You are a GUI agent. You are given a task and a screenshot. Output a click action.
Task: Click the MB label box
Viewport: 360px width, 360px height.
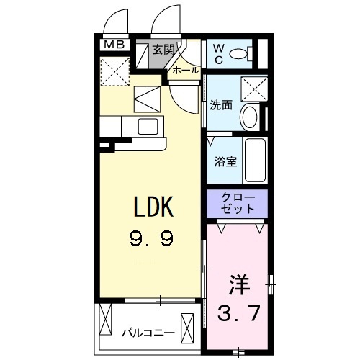click(114, 45)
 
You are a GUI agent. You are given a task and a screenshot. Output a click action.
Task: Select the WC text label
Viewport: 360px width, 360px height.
click(218, 53)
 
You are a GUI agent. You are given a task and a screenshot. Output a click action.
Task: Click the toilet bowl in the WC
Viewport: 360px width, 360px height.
click(245, 53)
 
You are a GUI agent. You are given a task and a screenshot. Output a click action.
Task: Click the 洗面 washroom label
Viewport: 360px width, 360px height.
click(220, 105)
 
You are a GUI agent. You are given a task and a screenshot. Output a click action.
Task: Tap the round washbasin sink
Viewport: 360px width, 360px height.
click(250, 117)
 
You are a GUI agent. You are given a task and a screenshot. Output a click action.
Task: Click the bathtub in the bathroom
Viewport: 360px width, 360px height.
click(255, 161)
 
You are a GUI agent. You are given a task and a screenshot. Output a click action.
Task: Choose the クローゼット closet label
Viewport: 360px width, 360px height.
click(236, 202)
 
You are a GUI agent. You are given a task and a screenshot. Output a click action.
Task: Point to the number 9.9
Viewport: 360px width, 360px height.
click(152, 238)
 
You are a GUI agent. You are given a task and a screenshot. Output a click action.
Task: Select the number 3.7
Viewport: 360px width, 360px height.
click(237, 313)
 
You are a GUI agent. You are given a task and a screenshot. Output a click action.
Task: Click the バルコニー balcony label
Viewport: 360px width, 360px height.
click(148, 333)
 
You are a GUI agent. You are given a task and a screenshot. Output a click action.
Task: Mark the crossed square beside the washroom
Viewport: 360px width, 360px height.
click(254, 89)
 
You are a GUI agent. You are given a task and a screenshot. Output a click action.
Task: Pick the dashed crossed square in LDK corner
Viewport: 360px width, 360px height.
click(114, 71)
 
